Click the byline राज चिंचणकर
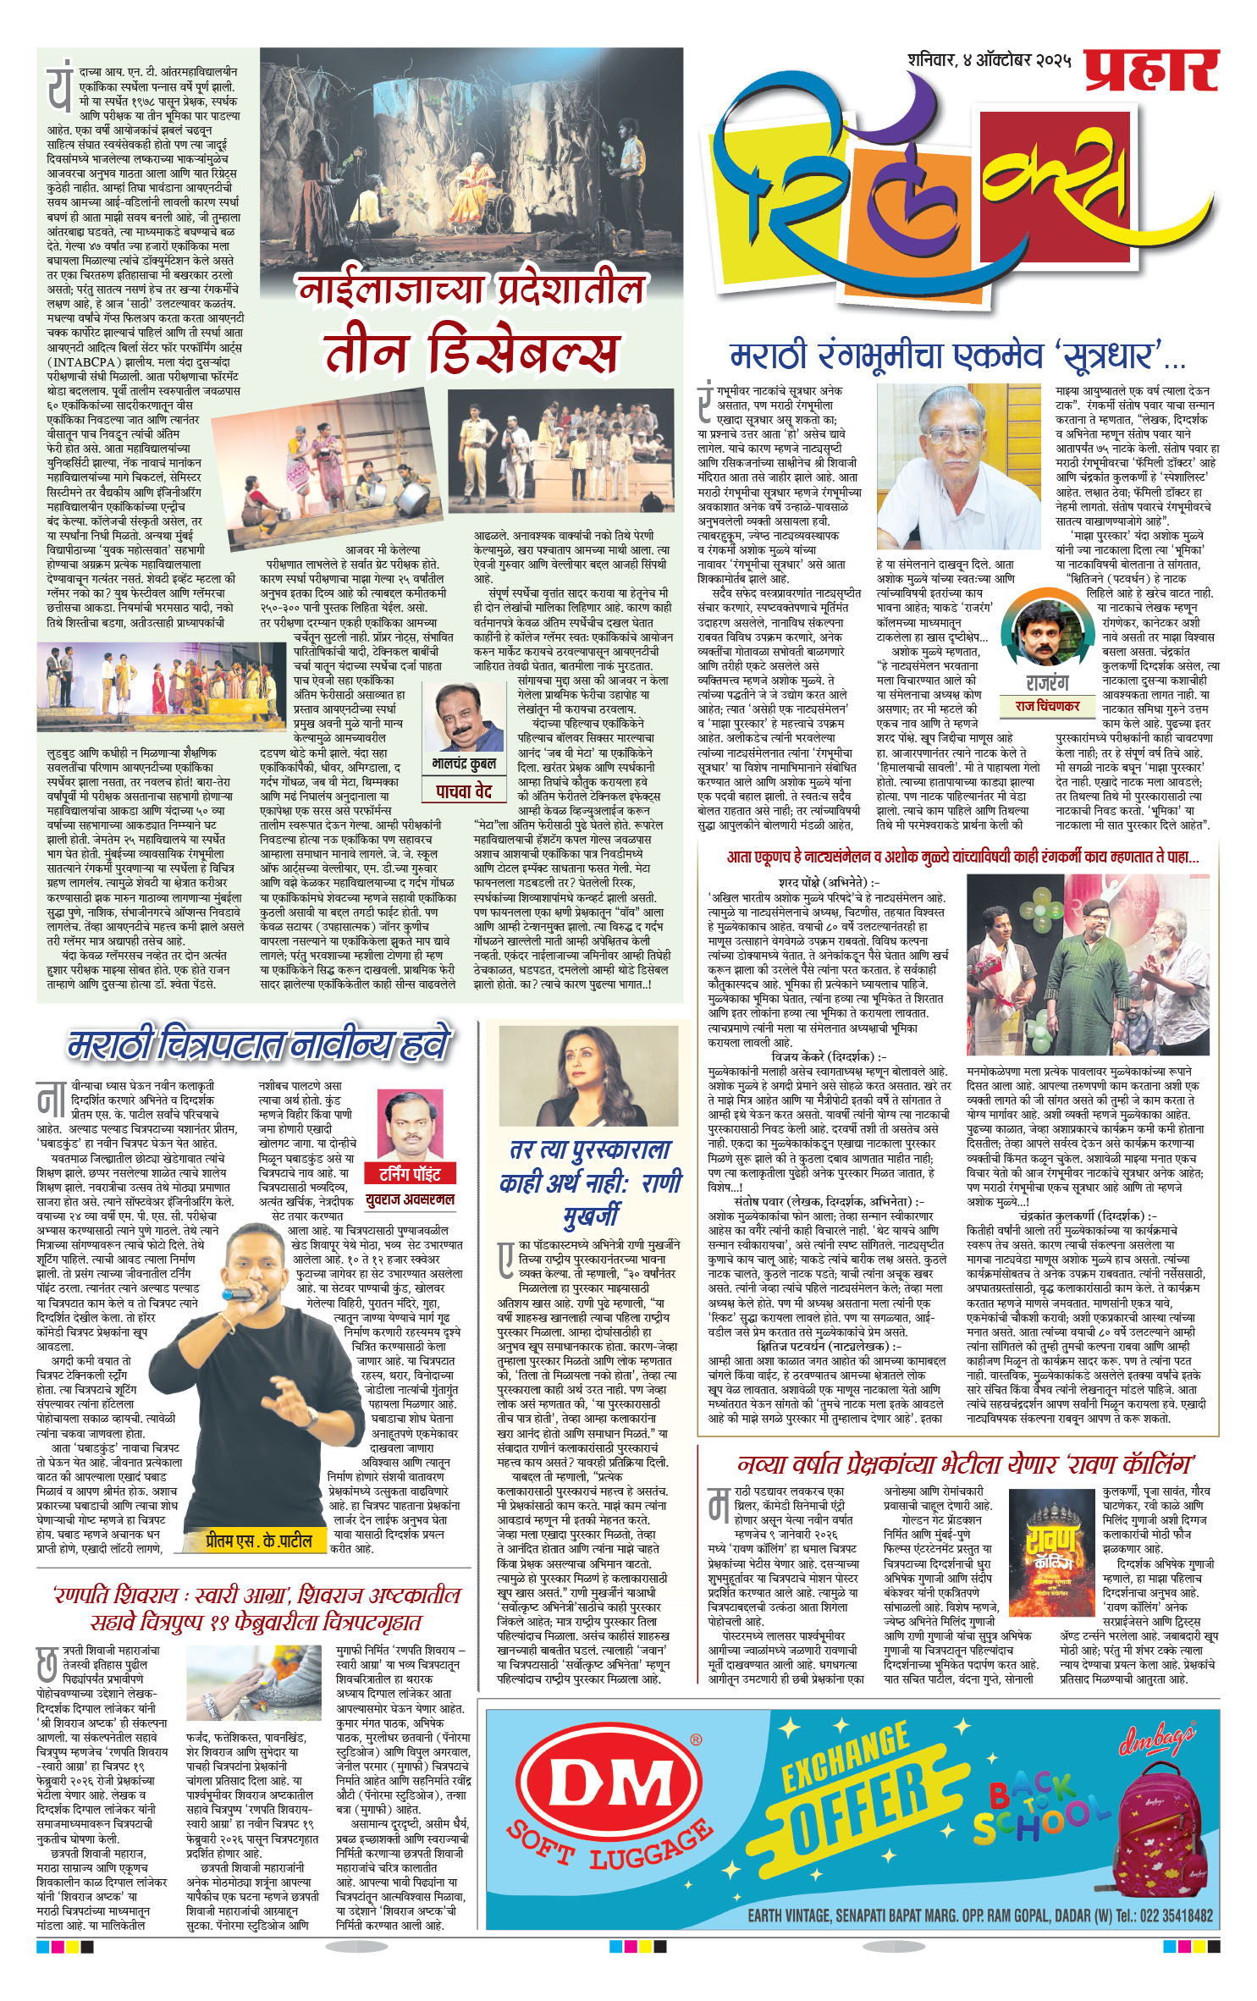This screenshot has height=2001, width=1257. click(x=1047, y=705)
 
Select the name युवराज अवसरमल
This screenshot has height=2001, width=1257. click(x=411, y=1199)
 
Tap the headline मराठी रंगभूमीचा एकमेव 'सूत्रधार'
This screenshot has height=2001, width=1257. click(x=957, y=356)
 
